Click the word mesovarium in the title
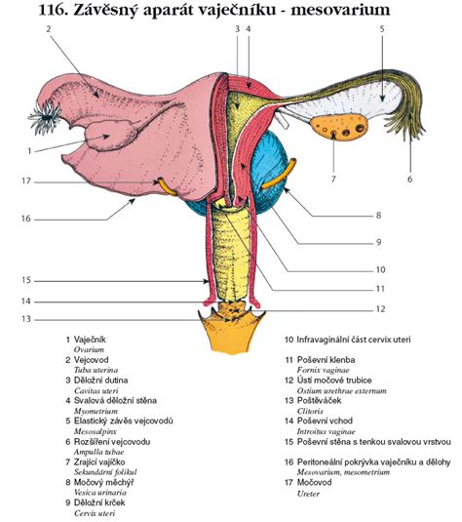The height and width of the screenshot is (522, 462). click(x=339, y=10)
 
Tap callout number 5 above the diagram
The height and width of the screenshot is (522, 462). click(x=382, y=29)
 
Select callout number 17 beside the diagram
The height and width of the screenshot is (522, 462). click(x=26, y=181)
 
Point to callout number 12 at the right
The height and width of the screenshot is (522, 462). click(x=380, y=309)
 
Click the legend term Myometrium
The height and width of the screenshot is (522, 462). click(x=96, y=411)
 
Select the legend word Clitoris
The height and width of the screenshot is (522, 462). click(x=310, y=411)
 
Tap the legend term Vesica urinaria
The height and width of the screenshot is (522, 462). click(x=100, y=493)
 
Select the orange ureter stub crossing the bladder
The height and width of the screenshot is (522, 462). click(x=280, y=176)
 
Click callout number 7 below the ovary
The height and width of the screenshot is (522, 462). click(x=333, y=180)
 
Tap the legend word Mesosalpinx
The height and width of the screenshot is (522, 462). click(x=96, y=431)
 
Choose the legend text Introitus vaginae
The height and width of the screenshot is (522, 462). click(x=327, y=432)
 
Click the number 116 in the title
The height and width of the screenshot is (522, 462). click(x=54, y=10)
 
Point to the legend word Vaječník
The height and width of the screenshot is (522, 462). click(x=90, y=340)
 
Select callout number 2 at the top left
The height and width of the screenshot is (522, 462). click(x=49, y=29)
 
